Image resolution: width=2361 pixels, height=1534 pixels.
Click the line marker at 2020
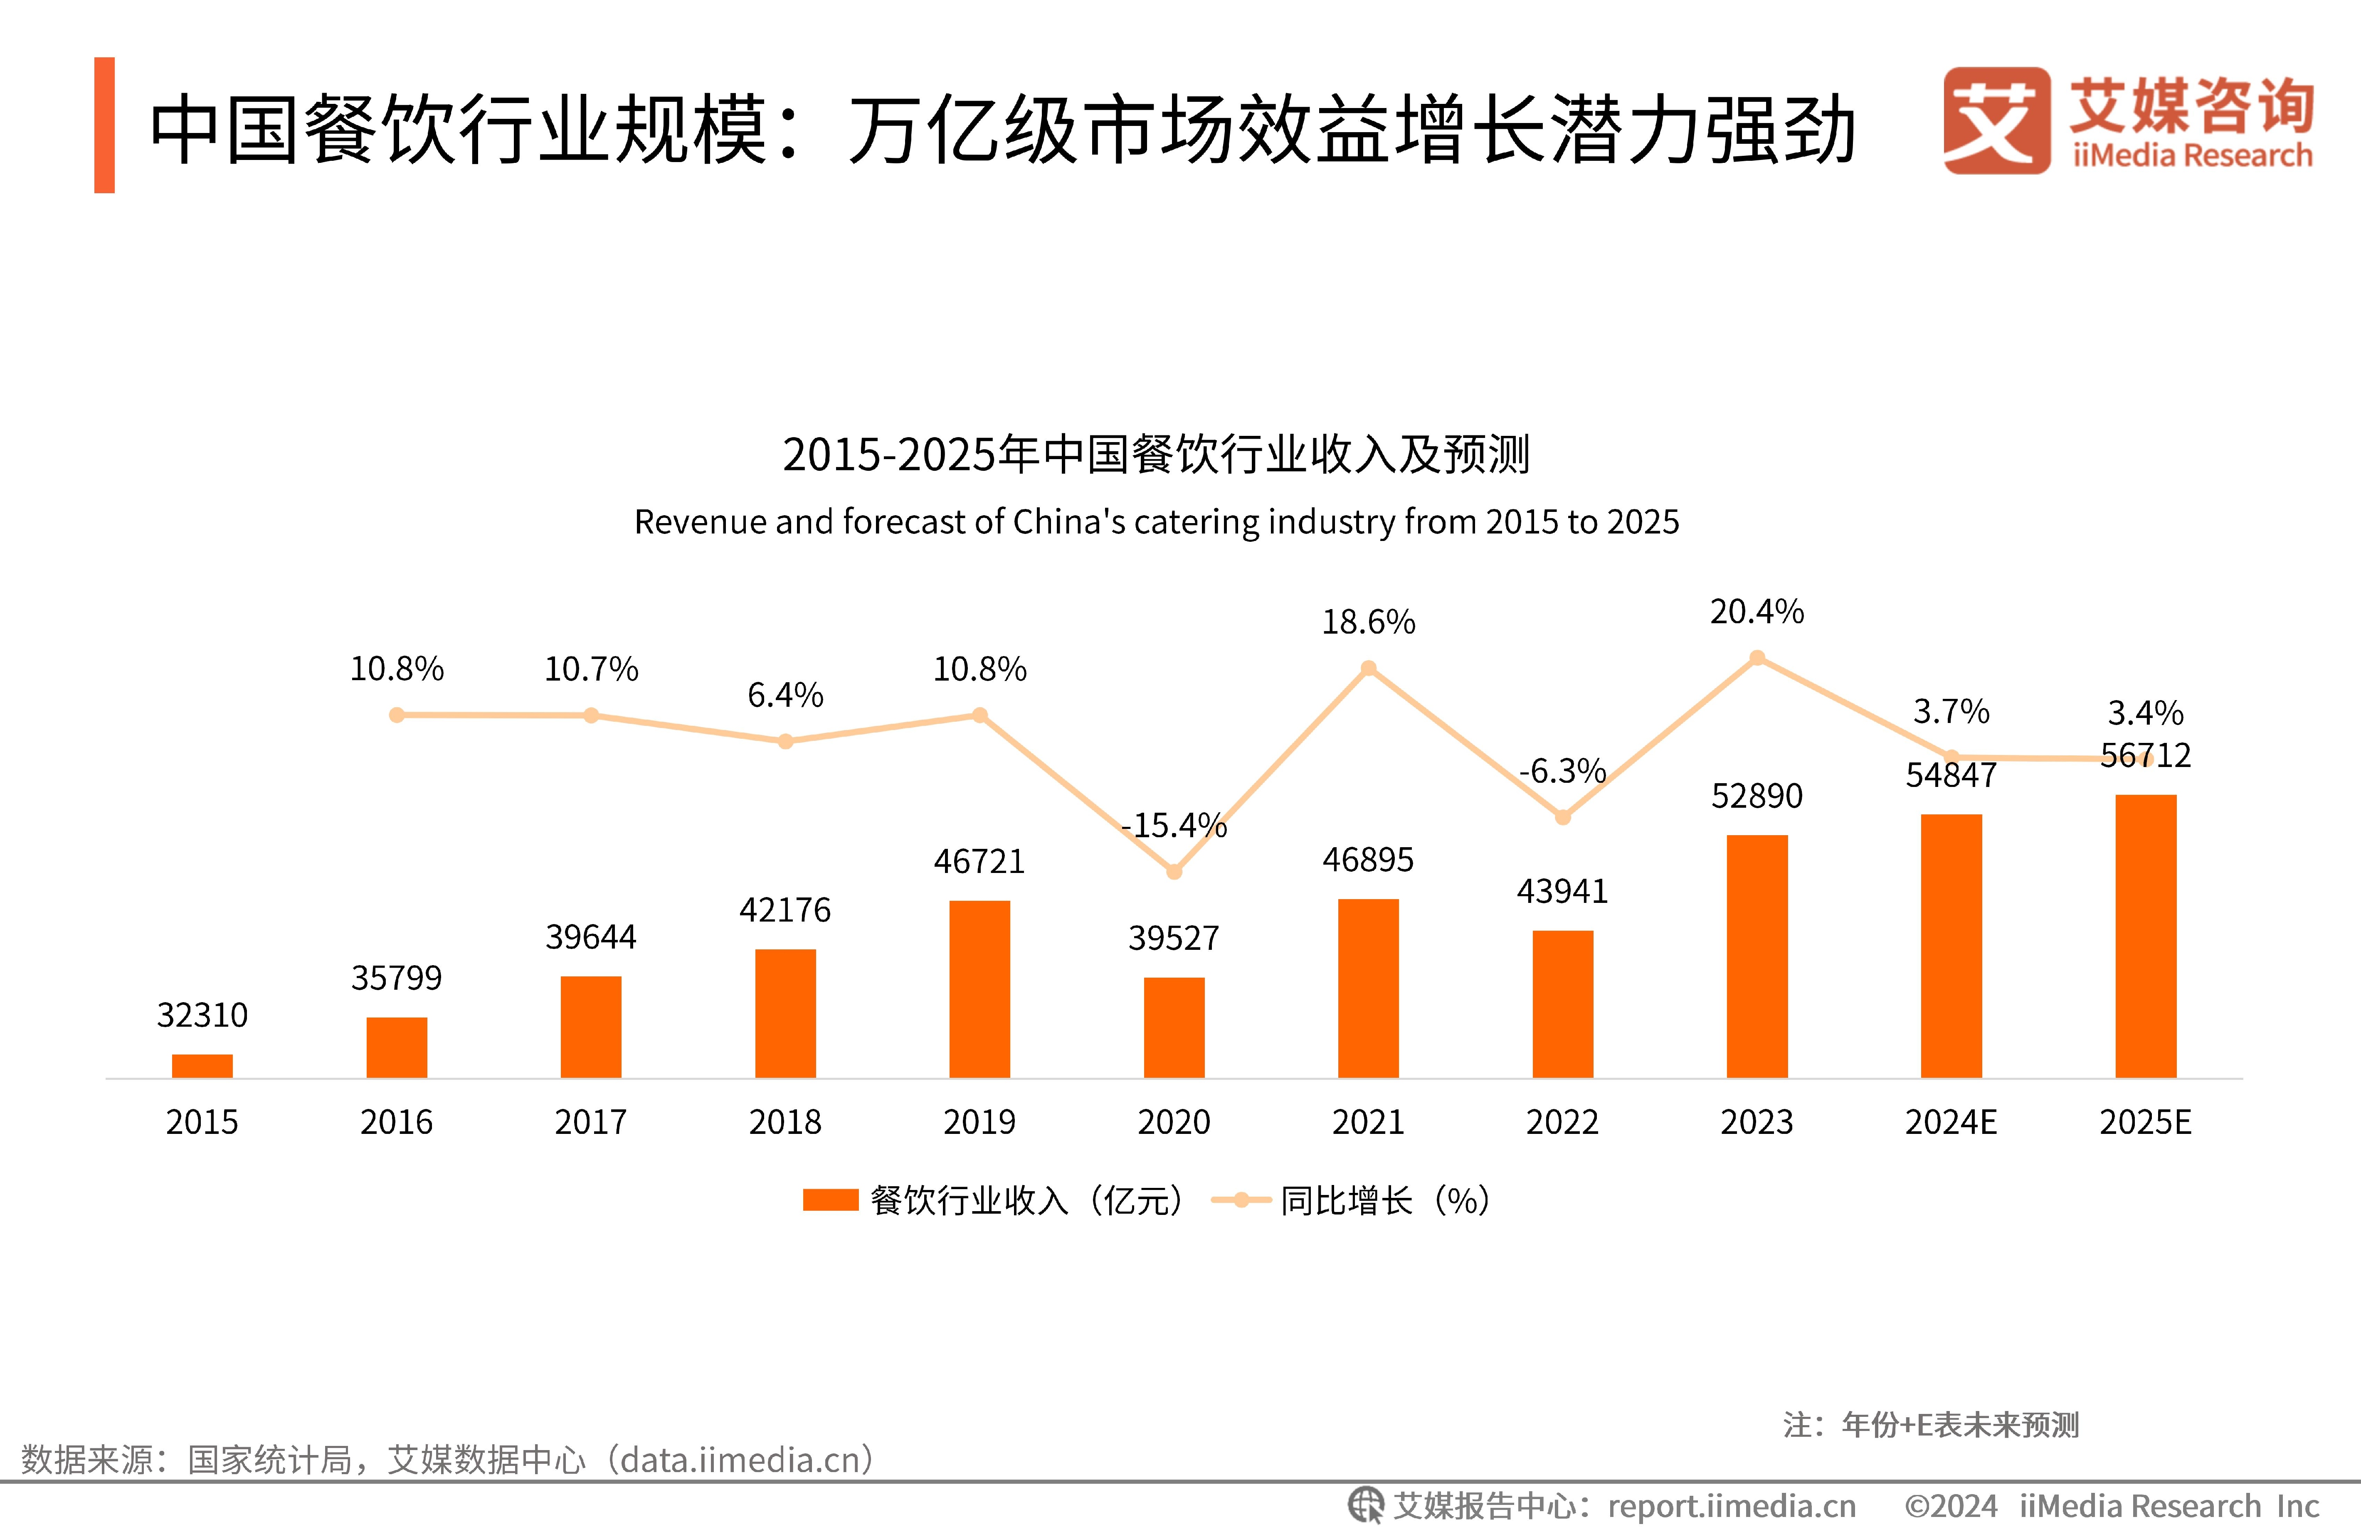click(x=1174, y=872)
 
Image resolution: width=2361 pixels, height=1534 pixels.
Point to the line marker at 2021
click(x=1368, y=669)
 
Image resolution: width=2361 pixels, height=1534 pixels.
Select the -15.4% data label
click(x=1174, y=825)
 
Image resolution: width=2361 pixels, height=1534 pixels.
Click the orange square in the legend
click(x=830, y=1200)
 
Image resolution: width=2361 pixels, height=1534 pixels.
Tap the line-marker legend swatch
click(x=1241, y=1200)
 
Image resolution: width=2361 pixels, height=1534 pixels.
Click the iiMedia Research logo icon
click(x=1996, y=121)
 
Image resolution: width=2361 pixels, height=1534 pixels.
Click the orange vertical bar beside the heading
click(x=104, y=125)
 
